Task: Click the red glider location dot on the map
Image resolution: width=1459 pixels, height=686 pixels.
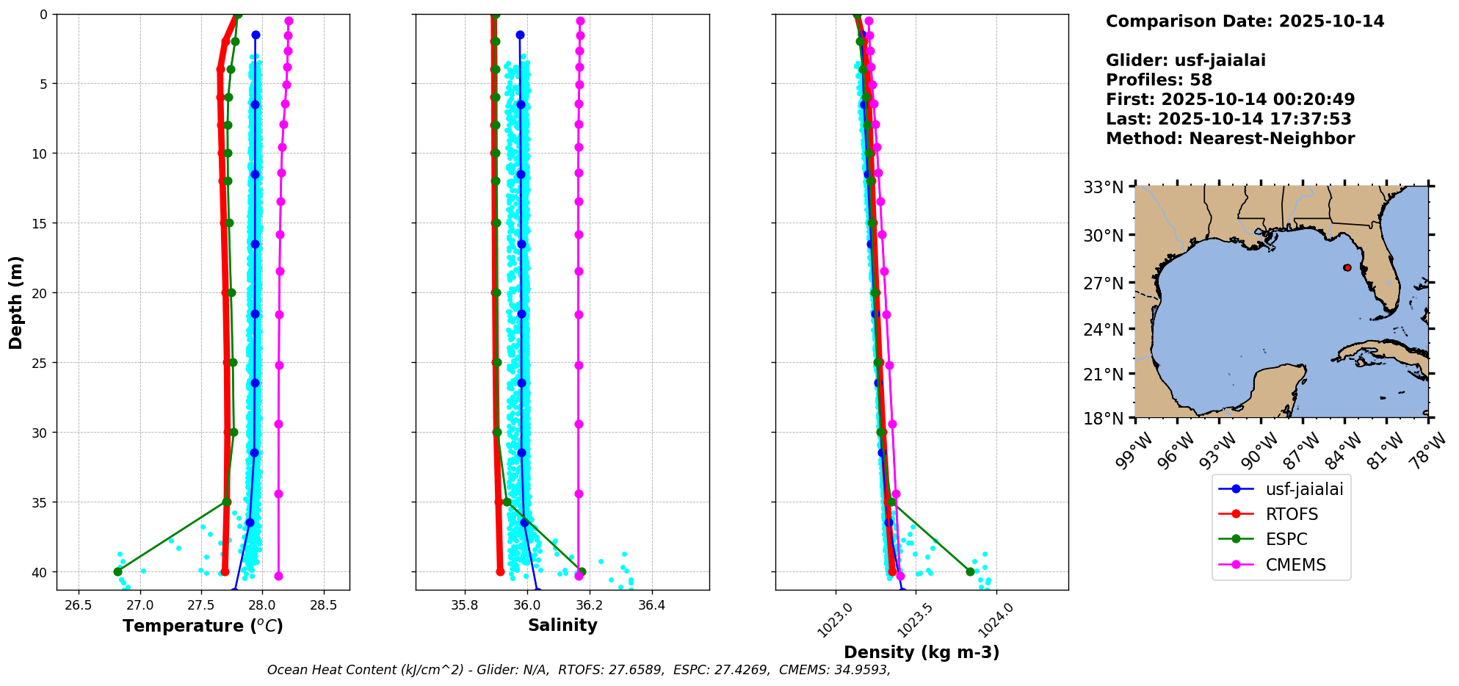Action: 1347,267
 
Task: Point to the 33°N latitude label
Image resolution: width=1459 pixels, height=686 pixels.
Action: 1104,187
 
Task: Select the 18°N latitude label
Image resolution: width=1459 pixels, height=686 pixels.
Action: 1104,419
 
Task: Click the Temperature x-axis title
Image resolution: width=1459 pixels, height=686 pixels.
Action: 203,626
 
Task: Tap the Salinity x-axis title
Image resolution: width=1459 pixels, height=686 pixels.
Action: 562,625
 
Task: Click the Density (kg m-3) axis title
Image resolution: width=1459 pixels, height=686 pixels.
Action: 922,652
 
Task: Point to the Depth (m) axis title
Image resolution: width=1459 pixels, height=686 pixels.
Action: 16,302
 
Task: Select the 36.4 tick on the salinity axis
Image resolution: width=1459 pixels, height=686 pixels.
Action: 651,605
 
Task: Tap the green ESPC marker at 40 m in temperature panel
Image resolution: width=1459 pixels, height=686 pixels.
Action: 117,571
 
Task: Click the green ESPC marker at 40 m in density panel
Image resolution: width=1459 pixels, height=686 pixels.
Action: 970,571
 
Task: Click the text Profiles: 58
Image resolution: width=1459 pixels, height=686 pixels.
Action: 1159,80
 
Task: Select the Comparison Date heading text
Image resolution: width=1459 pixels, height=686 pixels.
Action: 1245,21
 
